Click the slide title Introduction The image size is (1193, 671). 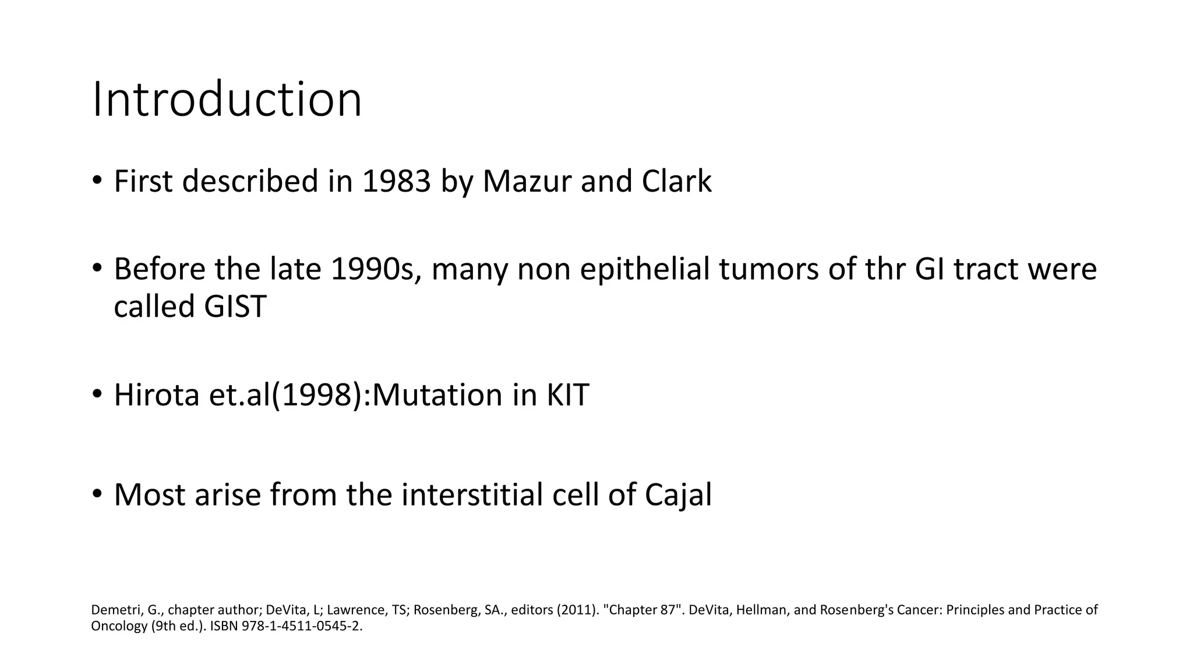coord(227,100)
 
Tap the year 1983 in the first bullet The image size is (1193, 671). coord(396,181)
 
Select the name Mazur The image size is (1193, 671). coord(527,181)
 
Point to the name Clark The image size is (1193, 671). coord(676,181)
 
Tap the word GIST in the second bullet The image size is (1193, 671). coord(235,306)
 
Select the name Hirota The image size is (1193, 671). coord(157,395)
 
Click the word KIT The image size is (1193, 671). coord(567,395)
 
